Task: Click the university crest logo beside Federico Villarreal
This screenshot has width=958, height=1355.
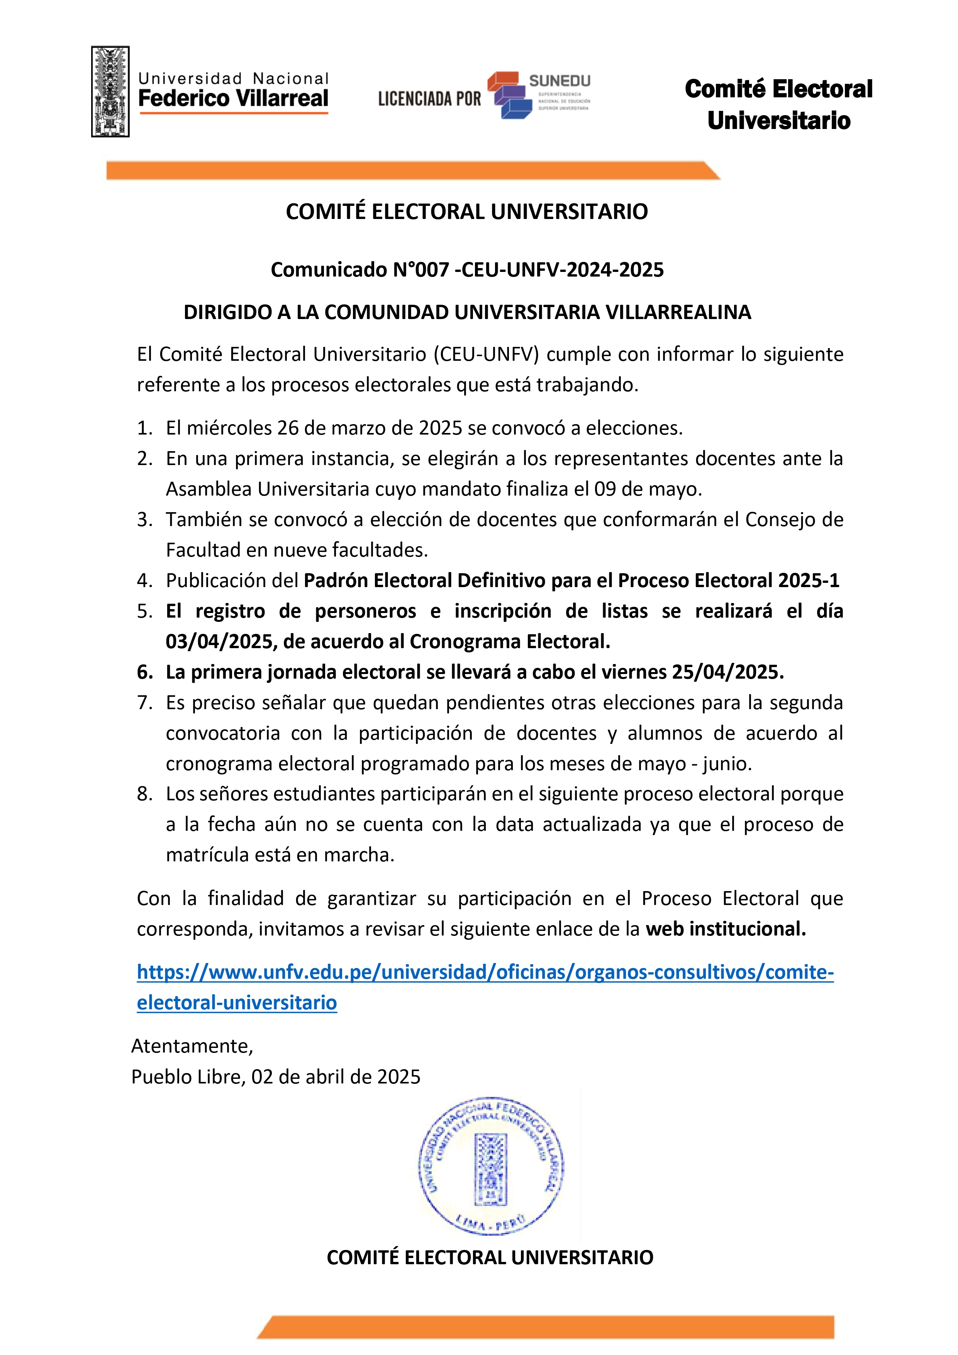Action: tap(110, 92)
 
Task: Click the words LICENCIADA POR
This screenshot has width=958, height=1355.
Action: tap(429, 98)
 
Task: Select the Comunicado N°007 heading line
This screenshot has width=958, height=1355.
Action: tap(467, 270)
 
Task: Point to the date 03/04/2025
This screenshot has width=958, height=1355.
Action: tap(219, 642)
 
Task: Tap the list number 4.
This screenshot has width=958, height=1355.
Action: tap(144, 581)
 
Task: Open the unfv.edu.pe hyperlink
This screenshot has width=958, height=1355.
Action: tap(485, 972)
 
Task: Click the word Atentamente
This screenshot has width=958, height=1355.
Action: tap(192, 1046)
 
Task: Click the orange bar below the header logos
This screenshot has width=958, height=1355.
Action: tap(413, 171)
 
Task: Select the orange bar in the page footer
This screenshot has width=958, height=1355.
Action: tap(546, 1327)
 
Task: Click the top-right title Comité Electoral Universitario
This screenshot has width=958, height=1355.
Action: tap(779, 104)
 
